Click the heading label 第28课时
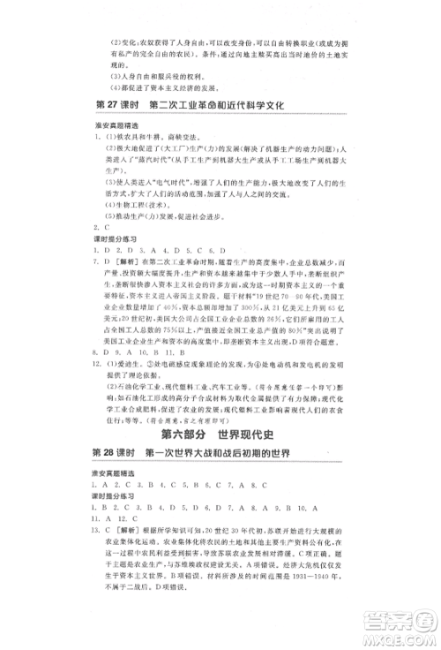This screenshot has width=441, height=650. [x=115, y=453]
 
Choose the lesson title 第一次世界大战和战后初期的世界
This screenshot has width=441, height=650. [x=220, y=453]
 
